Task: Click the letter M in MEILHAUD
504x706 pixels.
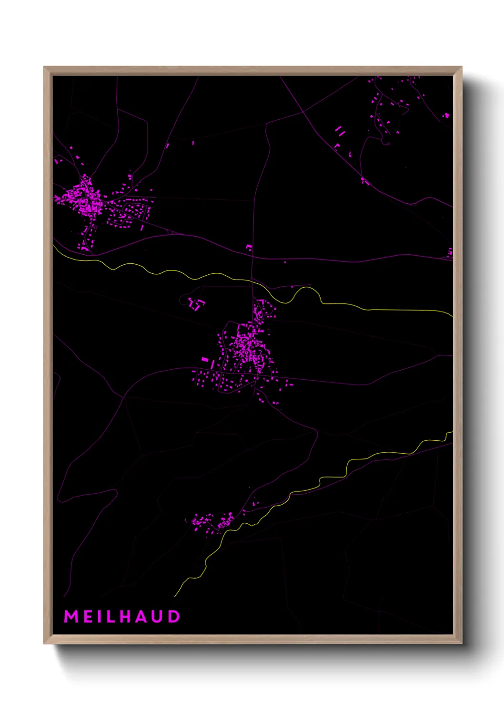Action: [x=71, y=616]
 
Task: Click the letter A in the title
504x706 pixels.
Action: [x=142, y=616]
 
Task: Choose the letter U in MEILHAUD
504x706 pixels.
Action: [x=158, y=616]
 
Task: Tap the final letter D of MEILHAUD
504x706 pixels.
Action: [x=174, y=616]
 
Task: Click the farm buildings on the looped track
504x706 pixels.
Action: [x=196, y=304]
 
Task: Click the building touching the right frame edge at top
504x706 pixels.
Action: [x=446, y=115]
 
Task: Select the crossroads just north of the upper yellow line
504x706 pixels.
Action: [x=252, y=258]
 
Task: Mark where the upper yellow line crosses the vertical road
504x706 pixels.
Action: [x=252, y=281]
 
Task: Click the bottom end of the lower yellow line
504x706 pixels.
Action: [x=175, y=596]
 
